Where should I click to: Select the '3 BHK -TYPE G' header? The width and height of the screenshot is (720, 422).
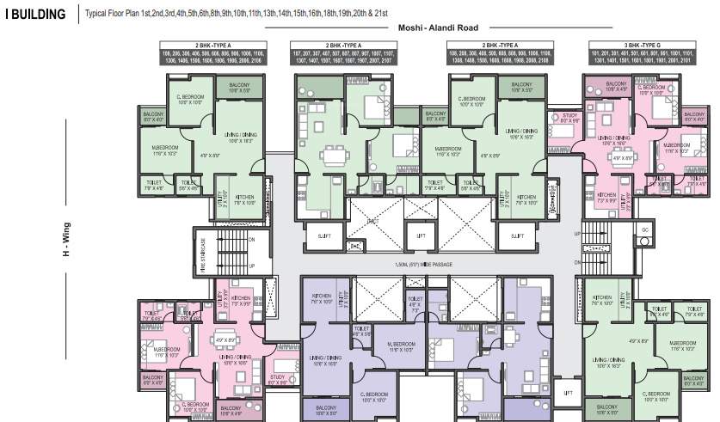pos(636,44)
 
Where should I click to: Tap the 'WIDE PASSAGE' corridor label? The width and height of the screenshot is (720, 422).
pos(421,265)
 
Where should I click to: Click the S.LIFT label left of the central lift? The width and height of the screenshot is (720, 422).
pos(324,235)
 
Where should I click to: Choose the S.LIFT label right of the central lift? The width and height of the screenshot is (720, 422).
pos(517,235)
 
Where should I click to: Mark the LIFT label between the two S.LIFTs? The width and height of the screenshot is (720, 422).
pos(421,235)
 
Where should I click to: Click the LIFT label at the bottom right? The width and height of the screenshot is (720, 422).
pos(567,392)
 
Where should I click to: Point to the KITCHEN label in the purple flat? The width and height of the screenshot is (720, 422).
pos(321,298)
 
